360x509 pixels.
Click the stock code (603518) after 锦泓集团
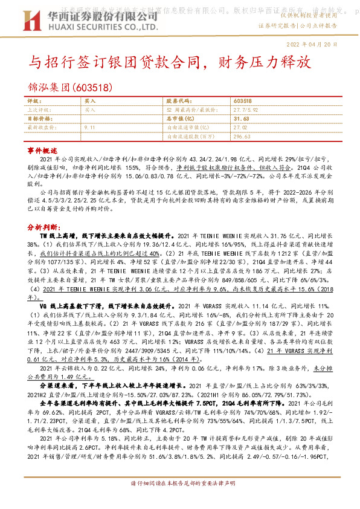92,87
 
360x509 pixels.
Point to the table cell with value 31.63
242,119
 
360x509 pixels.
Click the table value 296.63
240,137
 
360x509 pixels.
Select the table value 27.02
240,128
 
